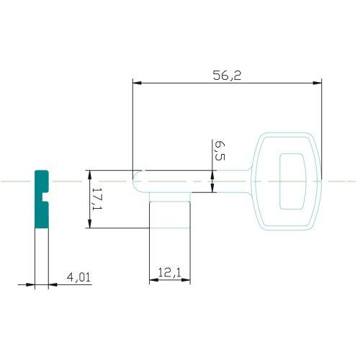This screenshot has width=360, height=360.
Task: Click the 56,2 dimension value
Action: click(x=227, y=76)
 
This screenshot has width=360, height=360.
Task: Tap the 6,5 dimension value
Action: click(x=220, y=150)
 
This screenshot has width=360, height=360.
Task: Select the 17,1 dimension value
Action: click(x=97, y=199)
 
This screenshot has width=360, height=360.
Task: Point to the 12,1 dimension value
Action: click(x=170, y=272)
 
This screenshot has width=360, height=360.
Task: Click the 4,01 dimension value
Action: click(x=79, y=277)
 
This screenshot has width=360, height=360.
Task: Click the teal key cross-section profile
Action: click(x=42, y=199)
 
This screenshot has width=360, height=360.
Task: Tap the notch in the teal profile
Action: click(x=45, y=197)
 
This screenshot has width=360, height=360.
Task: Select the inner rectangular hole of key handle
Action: click(x=293, y=181)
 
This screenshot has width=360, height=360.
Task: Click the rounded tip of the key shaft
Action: click(x=135, y=181)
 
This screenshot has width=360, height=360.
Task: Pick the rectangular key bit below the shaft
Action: click(x=170, y=210)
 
